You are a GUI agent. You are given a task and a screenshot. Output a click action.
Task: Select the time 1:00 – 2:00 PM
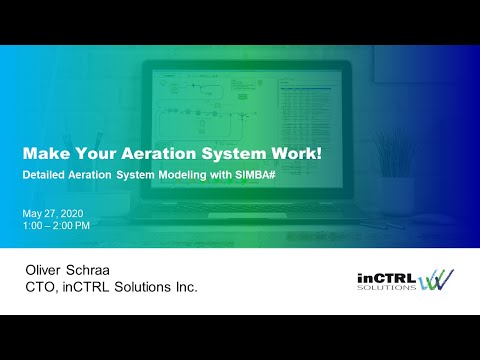tap(56, 225)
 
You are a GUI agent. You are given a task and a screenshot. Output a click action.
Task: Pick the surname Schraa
tap(105, 270)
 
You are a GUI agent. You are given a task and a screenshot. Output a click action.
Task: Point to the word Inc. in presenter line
tap(182, 288)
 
